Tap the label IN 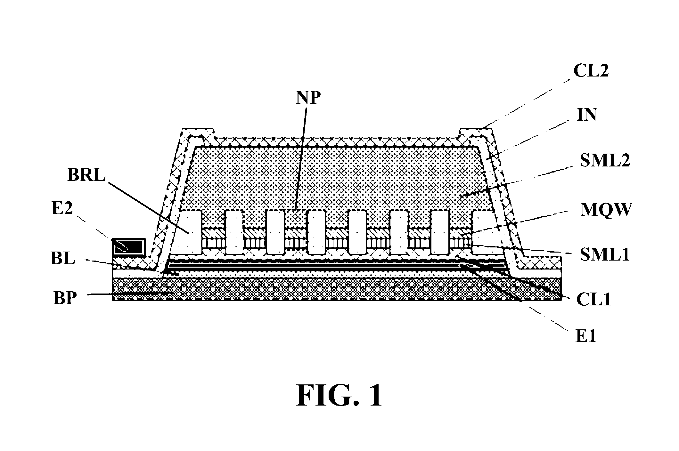pyautogui.click(x=587, y=115)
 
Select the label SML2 pyautogui.click(x=605, y=160)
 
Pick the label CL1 pyautogui.click(x=593, y=300)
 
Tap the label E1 pyautogui.click(x=586, y=337)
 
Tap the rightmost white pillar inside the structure pyautogui.click(x=482, y=232)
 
